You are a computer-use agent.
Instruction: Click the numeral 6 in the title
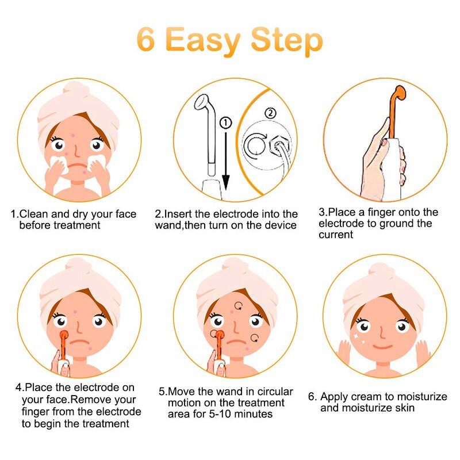[x=147, y=40]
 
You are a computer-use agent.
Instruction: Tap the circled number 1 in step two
[x=225, y=122]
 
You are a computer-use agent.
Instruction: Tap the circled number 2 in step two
[x=270, y=113]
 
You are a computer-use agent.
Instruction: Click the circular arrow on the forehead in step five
[x=238, y=306]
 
